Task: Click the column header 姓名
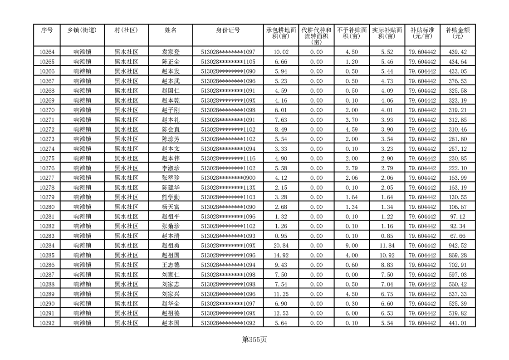[171, 30]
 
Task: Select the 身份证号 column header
[228, 30]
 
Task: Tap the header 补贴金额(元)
[457, 33]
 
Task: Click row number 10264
[47, 52]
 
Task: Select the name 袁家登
[171, 52]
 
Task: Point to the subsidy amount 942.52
[457, 246]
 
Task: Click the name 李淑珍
[171, 168]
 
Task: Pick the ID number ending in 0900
[228, 178]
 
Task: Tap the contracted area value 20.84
[281, 246]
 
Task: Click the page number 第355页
[254, 339]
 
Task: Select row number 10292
[47, 323]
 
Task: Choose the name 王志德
[171, 265]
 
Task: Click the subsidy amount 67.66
[457, 236]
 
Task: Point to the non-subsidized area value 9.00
[352, 246]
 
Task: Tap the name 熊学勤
[171, 197]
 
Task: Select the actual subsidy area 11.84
[387, 246]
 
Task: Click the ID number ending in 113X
[228, 187]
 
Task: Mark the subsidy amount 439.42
[457, 52]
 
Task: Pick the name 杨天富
[171, 207]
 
